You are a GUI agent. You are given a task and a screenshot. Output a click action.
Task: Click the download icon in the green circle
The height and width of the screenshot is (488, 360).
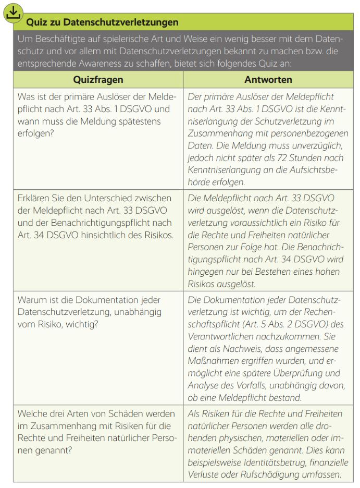click(x=14, y=13)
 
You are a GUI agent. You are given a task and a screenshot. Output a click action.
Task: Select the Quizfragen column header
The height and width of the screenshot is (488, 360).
click(x=98, y=80)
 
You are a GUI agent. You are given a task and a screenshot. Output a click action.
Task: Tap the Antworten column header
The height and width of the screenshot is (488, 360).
click(x=268, y=80)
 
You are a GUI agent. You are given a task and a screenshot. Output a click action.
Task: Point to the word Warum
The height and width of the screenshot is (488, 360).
click(x=32, y=300)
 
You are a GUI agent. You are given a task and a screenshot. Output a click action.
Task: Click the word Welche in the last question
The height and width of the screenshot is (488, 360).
click(x=34, y=413)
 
